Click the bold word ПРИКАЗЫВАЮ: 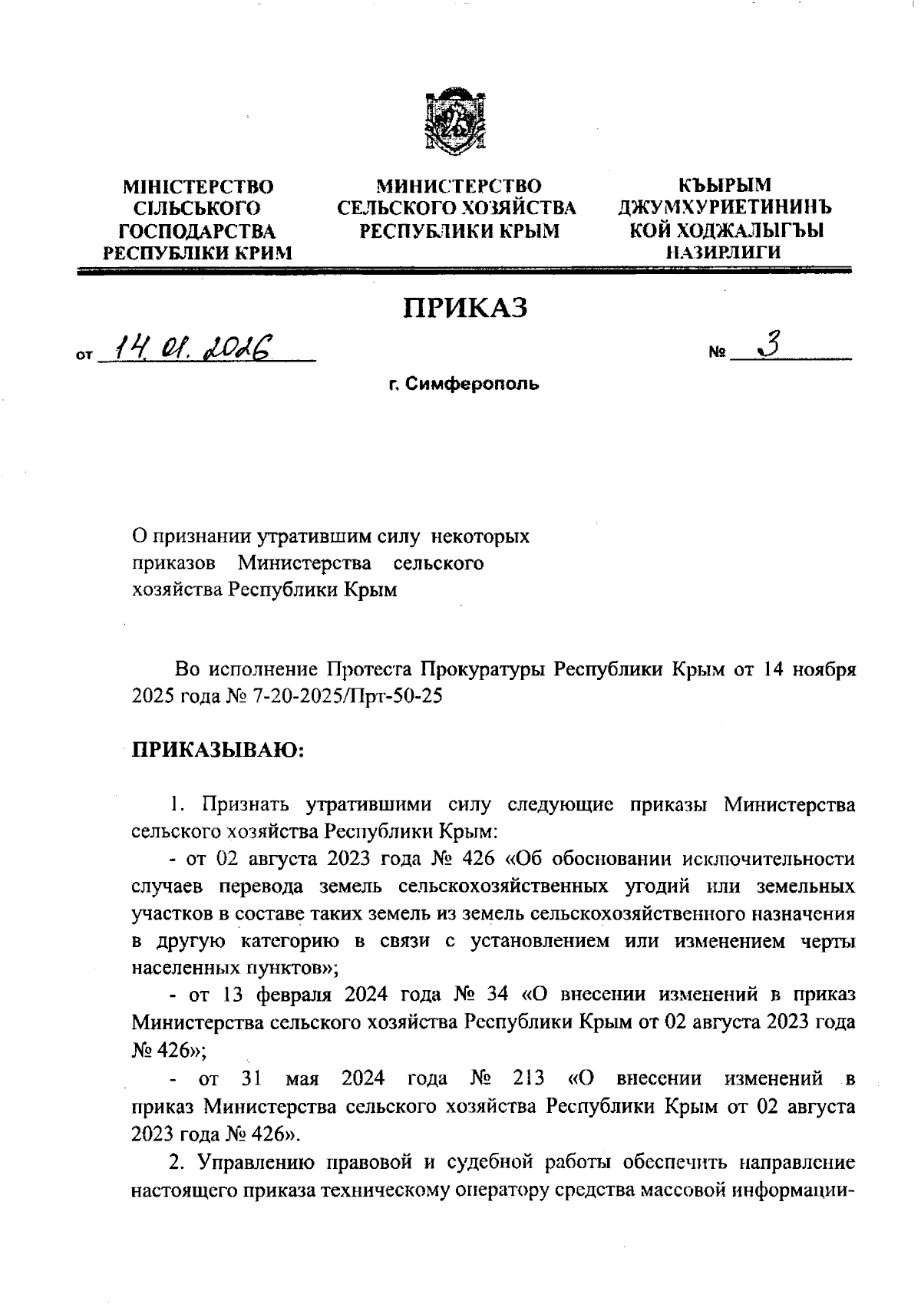click(x=219, y=749)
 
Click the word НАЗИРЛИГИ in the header click(x=724, y=251)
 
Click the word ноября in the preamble click(x=824, y=669)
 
